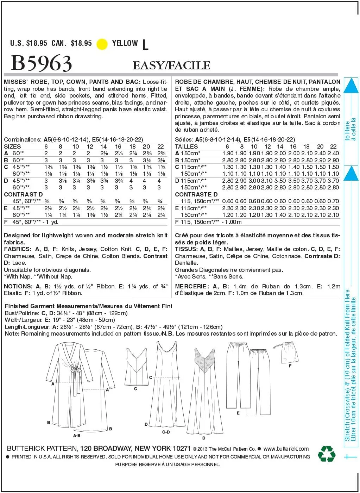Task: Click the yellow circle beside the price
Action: [102, 44]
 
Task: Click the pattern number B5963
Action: [42, 63]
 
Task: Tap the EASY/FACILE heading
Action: [171, 65]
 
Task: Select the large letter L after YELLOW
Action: [145, 45]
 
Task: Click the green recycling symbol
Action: [327, 454]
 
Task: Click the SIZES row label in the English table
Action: [12, 146]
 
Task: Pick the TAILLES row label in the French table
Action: [186, 146]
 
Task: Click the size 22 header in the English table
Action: [160, 146]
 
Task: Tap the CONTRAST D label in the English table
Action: [23, 194]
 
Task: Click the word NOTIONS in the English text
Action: [18, 286]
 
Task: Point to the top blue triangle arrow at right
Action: [350, 86]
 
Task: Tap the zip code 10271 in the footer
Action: [182, 448]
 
